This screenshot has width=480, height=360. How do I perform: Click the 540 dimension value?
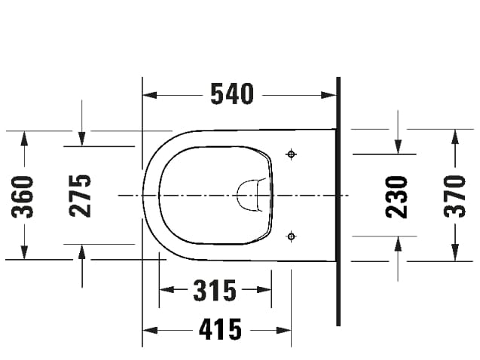[231, 94]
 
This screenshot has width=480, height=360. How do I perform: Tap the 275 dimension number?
[81, 196]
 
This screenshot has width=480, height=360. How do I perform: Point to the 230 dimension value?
[397, 197]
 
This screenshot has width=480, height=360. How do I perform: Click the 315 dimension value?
[215, 290]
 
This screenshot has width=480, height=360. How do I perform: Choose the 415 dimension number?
[220, 329]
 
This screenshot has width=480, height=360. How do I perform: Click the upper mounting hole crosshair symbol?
[292, 154]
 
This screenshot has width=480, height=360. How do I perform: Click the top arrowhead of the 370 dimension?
[454, 136]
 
